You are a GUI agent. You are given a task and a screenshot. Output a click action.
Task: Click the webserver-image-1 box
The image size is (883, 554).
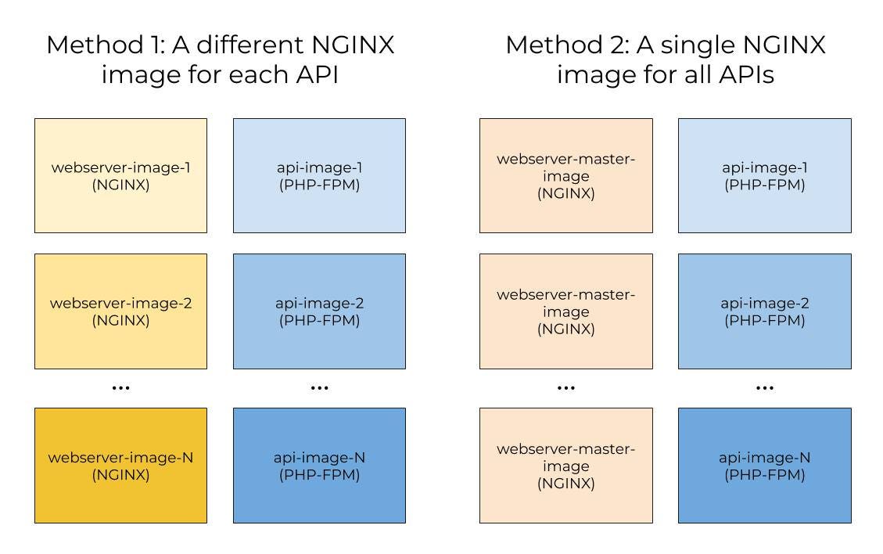(120, 175)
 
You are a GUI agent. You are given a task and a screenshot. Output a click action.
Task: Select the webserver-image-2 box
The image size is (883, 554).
(120, 311)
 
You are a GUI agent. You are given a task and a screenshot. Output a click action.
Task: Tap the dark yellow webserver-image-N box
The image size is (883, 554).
(120, 465)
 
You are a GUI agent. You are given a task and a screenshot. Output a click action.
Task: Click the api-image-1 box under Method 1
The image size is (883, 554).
(319, 175)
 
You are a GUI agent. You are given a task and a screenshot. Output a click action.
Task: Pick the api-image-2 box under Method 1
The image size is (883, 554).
(319, 311)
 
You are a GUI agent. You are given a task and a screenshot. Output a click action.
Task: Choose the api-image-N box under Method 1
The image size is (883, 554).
(319, 465)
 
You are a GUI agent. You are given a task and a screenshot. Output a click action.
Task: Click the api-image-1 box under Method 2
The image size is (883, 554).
(764, 175)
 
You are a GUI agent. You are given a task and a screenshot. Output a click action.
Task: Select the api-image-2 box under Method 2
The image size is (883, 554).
(764, 311)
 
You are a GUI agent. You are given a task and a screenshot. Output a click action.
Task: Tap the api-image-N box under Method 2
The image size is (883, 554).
(764, 465)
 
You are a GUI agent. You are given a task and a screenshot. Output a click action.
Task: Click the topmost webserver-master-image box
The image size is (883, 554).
(565, 175)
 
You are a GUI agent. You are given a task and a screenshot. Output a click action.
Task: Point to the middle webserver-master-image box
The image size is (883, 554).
(565, 311)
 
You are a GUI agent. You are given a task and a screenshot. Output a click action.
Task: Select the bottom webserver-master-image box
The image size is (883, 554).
(565, 465)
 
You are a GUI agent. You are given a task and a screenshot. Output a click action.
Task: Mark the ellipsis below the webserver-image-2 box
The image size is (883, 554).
(120, 387)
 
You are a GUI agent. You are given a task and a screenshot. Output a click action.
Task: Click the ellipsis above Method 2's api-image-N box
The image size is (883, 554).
(764, 387)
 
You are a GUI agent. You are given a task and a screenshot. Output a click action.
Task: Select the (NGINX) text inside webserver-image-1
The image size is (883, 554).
(120, 185)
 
